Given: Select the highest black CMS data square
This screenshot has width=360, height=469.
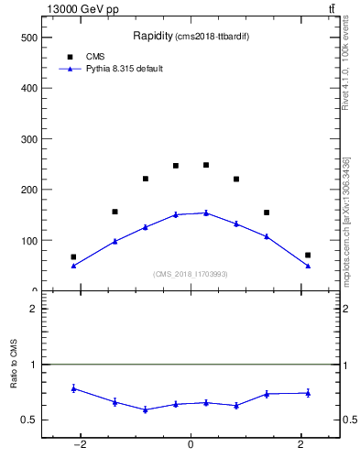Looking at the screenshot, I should pos(206,165).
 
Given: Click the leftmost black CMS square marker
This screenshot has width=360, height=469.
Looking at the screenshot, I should pos(73,257).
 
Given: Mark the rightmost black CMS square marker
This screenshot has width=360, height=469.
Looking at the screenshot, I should pos(308,255).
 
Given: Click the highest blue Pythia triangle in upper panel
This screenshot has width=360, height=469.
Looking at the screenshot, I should pos(206,213).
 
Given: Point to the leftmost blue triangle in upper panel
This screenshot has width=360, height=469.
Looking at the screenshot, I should pos(73,266).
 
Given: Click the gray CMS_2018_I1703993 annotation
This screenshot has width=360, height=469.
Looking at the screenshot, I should pos(191,274).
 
